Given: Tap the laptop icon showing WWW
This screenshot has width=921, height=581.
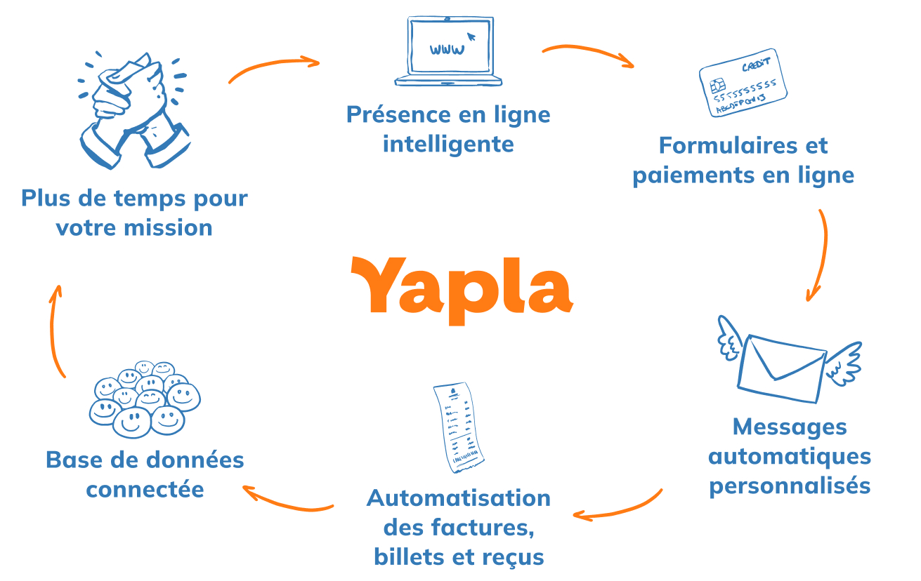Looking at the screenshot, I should [x=448, y=53].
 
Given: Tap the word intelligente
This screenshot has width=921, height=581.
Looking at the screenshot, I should [x=448, y=144].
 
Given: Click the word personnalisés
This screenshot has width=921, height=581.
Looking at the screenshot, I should [x=790, y=485].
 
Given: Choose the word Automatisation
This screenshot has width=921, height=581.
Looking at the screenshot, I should [x=459, y=498].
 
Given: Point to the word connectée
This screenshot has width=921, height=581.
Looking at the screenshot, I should [x=145, y=489].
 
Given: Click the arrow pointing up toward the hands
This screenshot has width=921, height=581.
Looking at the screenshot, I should [x=55, y=330].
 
